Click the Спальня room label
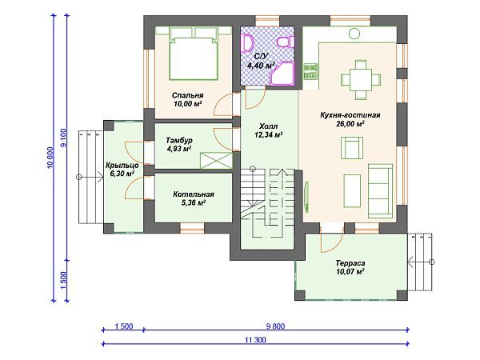coord(187,95)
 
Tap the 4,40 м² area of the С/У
coord(261,66)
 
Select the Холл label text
coord(268,126)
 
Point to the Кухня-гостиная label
coord(350,115)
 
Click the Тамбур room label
coord(179,140)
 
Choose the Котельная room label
coord(194,194)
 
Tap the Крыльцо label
coord(122,166)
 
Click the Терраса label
coord(350,263)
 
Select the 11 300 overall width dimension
coord(255,339)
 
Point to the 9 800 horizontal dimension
coord(275,326)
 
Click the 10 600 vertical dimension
coord(50,158)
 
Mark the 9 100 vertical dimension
coord(63,138)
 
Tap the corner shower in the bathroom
coord(283,73)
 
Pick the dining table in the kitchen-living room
coord(361,79)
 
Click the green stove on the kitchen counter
coord(310,71)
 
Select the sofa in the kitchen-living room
coord(380,191)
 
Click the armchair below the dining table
coord(352,148)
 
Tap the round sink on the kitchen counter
coord(354,33)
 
